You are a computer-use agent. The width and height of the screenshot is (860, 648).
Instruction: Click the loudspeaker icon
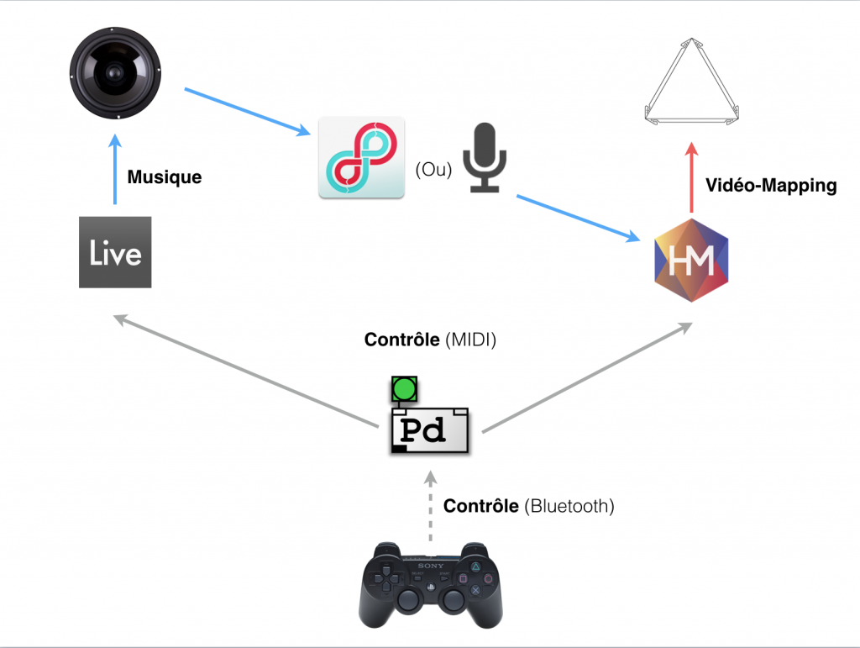116,73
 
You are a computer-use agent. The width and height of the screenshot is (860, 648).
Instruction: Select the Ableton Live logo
115,252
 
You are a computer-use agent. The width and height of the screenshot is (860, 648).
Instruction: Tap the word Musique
165,178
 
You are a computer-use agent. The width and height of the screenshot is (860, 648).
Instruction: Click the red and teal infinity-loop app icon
361,157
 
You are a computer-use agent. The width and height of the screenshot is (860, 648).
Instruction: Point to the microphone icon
486,158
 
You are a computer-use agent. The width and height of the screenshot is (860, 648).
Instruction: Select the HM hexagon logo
691,260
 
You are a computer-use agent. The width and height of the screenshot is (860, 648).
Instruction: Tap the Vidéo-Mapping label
771,186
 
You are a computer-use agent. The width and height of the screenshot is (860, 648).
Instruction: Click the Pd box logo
429,429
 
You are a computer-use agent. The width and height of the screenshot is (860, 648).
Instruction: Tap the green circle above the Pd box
405,388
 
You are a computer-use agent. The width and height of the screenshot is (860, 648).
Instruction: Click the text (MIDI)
473,340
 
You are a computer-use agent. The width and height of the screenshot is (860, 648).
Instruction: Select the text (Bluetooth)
569,506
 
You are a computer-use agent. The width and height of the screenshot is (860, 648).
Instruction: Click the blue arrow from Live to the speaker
115,172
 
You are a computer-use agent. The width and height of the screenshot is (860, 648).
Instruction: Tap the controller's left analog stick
409,599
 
